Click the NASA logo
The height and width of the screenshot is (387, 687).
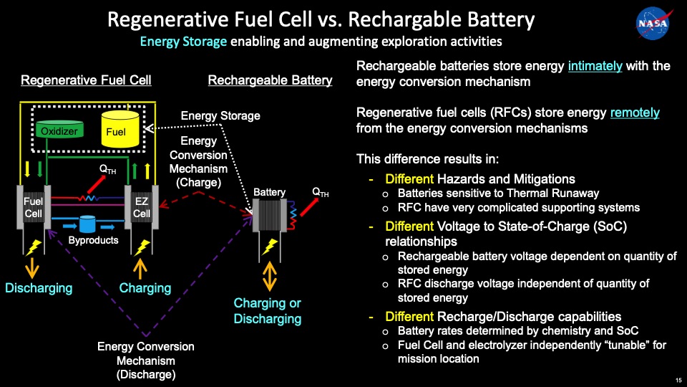652,23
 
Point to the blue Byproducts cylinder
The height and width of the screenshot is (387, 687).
88,224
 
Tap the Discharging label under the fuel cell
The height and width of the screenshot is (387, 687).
39,288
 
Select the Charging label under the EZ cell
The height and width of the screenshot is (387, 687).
145,288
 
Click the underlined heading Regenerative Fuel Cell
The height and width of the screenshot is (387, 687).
86,80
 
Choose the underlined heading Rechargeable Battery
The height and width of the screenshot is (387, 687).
270,80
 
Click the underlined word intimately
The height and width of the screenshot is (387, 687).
595,66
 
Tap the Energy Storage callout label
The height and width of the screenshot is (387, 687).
220,115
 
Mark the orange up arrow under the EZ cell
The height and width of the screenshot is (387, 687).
142,267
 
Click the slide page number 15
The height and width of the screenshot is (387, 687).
678,380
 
